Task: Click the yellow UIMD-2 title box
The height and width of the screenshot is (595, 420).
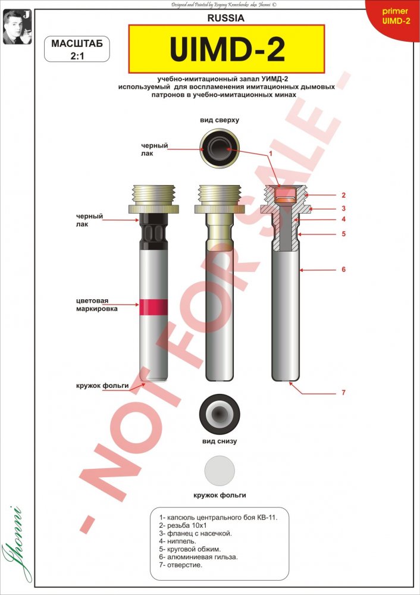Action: [x=227, y=49]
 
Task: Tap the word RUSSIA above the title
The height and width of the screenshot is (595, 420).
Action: [x=225, y=18]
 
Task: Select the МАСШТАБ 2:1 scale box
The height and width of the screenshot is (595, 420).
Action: [x=77, y=49]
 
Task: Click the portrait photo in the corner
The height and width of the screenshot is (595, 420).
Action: [x=17, y=27]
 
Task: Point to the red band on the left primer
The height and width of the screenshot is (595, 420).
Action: [x=153, y=307]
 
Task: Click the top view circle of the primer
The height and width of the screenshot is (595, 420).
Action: [x=220, y=148]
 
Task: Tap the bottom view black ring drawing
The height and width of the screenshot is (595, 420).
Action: [x=220, y=414]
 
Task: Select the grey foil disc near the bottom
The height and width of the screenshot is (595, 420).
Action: [x=220, y=471]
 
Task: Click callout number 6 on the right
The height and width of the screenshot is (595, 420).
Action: [x=343, y=270]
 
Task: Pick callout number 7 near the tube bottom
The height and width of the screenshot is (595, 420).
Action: [x=343, y=392]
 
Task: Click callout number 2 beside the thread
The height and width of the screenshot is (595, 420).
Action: [x=343, y=195]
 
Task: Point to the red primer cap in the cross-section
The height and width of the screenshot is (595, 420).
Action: [x=287, y=195]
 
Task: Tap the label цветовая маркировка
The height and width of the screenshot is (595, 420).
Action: [x=97, y=305]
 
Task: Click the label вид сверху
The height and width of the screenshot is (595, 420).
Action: [x=220, y=120]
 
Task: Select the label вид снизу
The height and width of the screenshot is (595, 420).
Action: [x=220, y=441]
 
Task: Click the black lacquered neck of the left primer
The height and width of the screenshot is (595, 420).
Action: [x=153, y=231]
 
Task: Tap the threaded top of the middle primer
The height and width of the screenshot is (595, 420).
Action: [x=220, y=195]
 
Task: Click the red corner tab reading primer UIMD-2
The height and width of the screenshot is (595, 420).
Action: [x=394, y=17]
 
